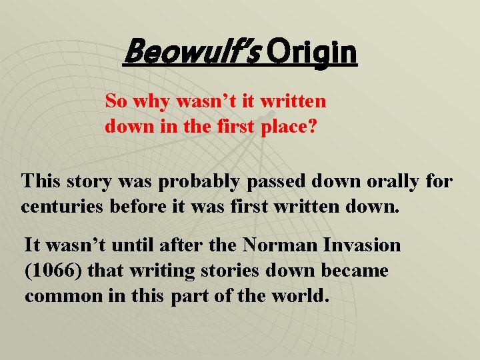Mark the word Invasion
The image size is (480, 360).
click(365, 245)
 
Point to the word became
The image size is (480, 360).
click(356, 271)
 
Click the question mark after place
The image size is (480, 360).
click(322, 127)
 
